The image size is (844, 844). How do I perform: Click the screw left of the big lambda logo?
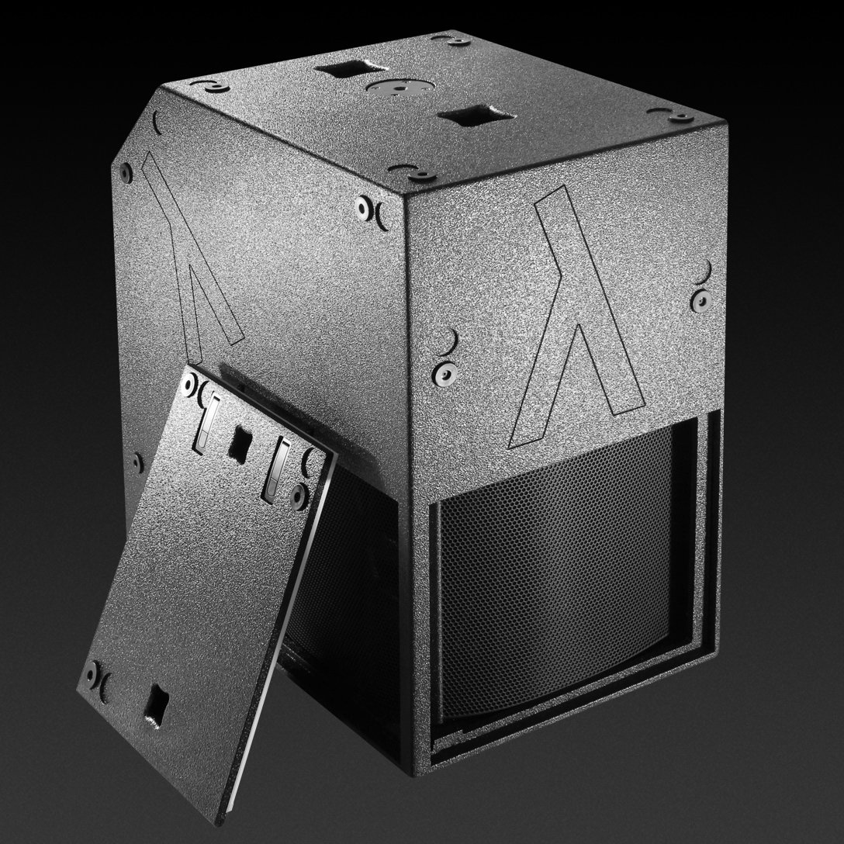pyautogui.click(x=444, y=371)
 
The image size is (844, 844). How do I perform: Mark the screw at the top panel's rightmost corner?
pyautogui.click(x=683, y=118)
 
